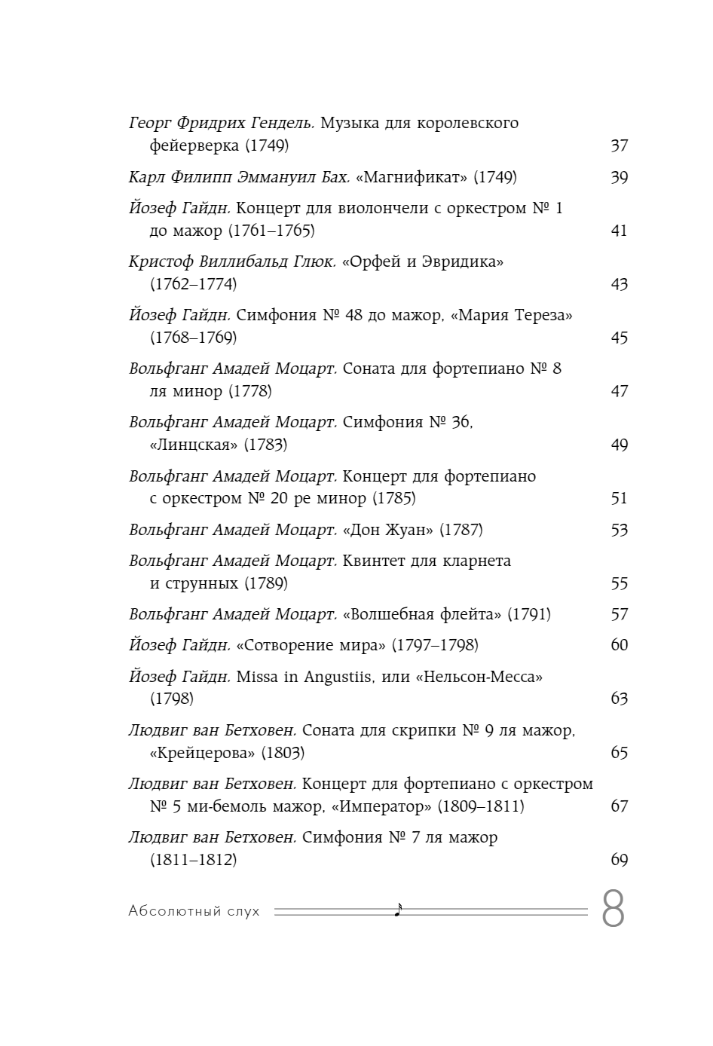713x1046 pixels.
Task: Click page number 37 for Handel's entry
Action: tap(619, 145)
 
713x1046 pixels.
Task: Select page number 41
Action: tap(619, 231)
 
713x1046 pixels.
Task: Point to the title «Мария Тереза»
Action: tap(512, 315)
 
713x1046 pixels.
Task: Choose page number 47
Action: tap(619, 391)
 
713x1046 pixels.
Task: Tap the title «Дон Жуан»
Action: tap(388, 530)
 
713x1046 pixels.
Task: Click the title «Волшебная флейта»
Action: tap(422, 614)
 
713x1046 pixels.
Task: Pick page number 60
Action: tap(619, 645)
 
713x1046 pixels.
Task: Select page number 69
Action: tap(619, 860)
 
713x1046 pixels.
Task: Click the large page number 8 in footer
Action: tap(614, 910)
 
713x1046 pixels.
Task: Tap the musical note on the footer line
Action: tap(398, 910)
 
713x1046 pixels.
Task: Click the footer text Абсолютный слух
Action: tap(194, 911)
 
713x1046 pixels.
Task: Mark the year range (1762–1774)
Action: tap(194, 284)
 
